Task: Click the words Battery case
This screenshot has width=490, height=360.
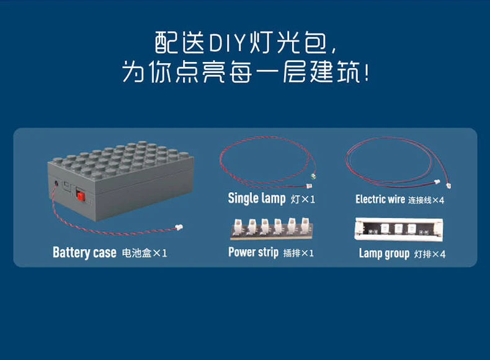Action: coord(84,253)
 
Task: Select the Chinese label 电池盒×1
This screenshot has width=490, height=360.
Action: coord(145,253)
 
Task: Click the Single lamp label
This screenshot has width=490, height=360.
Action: coord(257,198)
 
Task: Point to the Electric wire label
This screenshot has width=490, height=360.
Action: coord(380,199)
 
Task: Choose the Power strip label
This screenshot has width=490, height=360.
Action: coord(253,252)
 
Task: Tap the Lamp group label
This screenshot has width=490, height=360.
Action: coord(384,253)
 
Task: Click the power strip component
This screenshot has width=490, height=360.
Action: coord(272,229)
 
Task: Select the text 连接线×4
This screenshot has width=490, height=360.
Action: coord(426,200)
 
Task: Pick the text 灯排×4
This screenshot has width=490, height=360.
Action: coord(430,253)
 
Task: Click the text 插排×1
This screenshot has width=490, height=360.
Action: coord(298,253)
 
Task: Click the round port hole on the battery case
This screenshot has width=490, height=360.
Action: coord(58,183)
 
